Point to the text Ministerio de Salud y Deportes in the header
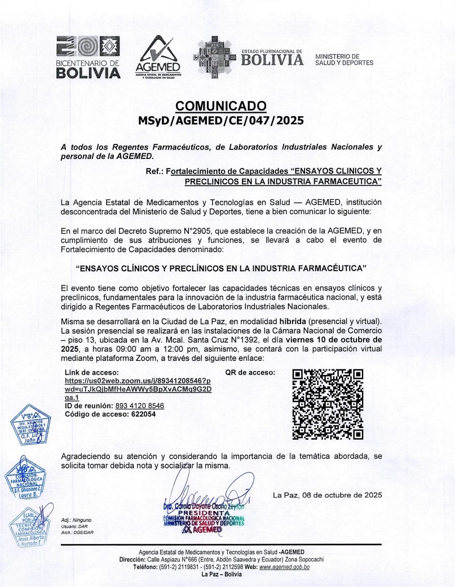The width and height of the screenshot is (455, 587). coord(344,59)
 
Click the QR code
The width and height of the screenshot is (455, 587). coord(328,404)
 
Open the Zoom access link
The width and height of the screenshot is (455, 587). coord(138,389)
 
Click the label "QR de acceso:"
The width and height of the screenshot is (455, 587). coord(250,373)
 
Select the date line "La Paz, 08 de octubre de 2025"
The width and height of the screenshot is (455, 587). coord(327,495)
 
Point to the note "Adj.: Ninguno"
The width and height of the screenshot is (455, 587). coord(76,519)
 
